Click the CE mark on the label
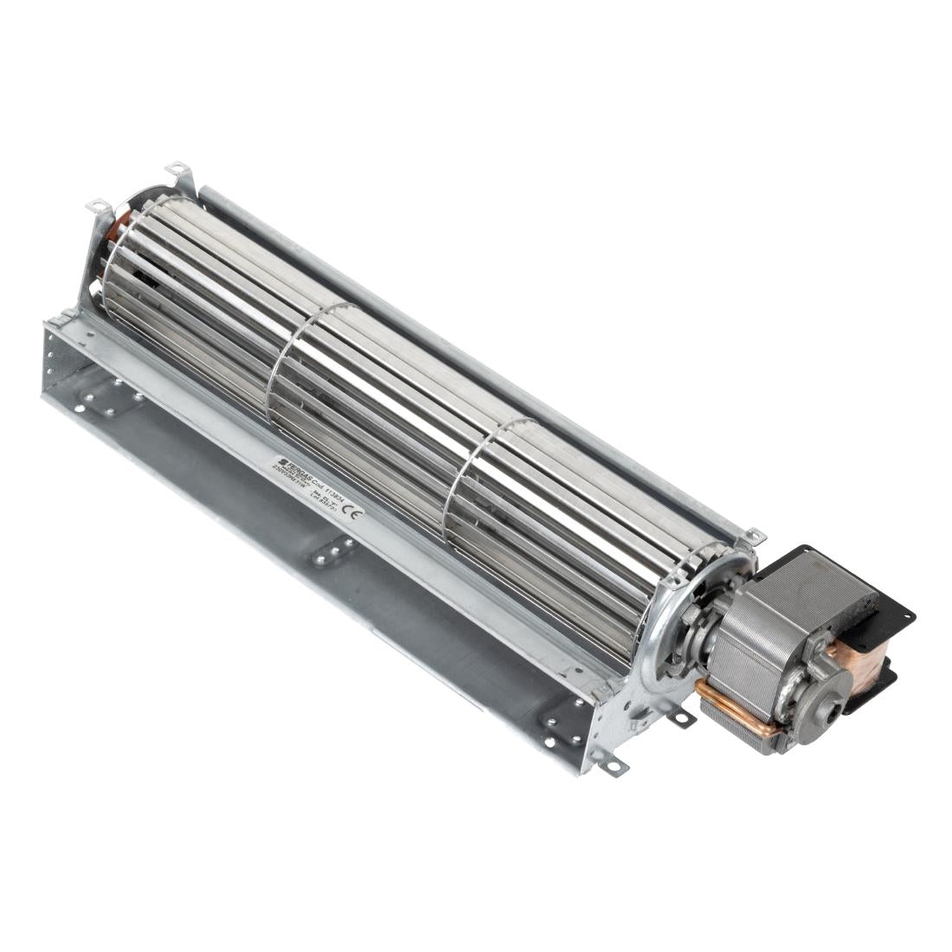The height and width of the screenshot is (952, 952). coord(353,512)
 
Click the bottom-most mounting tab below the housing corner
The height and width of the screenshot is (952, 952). coord(616,765)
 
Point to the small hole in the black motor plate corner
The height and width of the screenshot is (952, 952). coord(904,618)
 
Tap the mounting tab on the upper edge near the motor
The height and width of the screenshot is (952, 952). coord(753,537)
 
